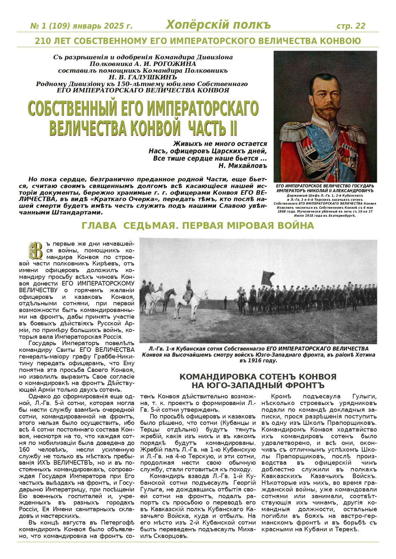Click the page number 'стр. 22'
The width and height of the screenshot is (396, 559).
(x=350, y=26)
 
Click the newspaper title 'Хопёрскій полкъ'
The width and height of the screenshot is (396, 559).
(x=218, y=25)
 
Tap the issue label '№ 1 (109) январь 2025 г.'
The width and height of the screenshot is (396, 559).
(x=81, y=26)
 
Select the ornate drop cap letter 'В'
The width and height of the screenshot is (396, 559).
(x=37, y=250)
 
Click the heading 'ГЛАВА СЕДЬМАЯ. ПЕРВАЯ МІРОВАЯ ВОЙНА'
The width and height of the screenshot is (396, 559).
(x=198, y=226)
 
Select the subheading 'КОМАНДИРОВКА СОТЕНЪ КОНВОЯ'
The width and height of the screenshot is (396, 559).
(x=258, y=376)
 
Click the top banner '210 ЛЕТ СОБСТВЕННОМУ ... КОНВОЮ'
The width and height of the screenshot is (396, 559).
(x=198, y=41)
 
